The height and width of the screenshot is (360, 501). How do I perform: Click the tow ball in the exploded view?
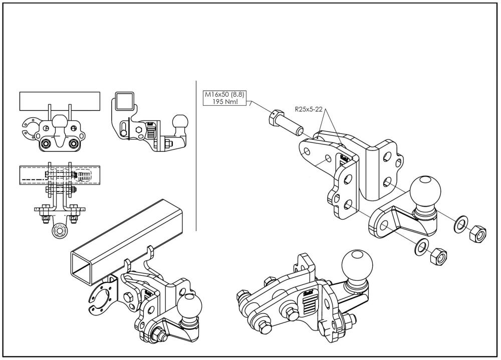pyautogui.click(x=426, y=192)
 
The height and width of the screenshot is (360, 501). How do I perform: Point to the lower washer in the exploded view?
pyautogui.click(x=420, y=247)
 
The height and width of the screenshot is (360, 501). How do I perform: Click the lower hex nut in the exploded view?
pyautogui.click(x=438, y=255)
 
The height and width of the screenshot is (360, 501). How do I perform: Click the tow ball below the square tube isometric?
pyautogui.click(x=190, y=306)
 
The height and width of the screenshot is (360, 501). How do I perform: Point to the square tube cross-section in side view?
pyautogui.click(x=123, y=101)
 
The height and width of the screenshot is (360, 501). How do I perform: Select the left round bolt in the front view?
pyautogui.click(x=46, y=144)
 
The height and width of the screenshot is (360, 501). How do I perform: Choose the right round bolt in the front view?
pyautogui.click(x=74, y=144)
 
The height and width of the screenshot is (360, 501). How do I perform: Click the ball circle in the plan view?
pyautogui.click(x=60, y=233)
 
